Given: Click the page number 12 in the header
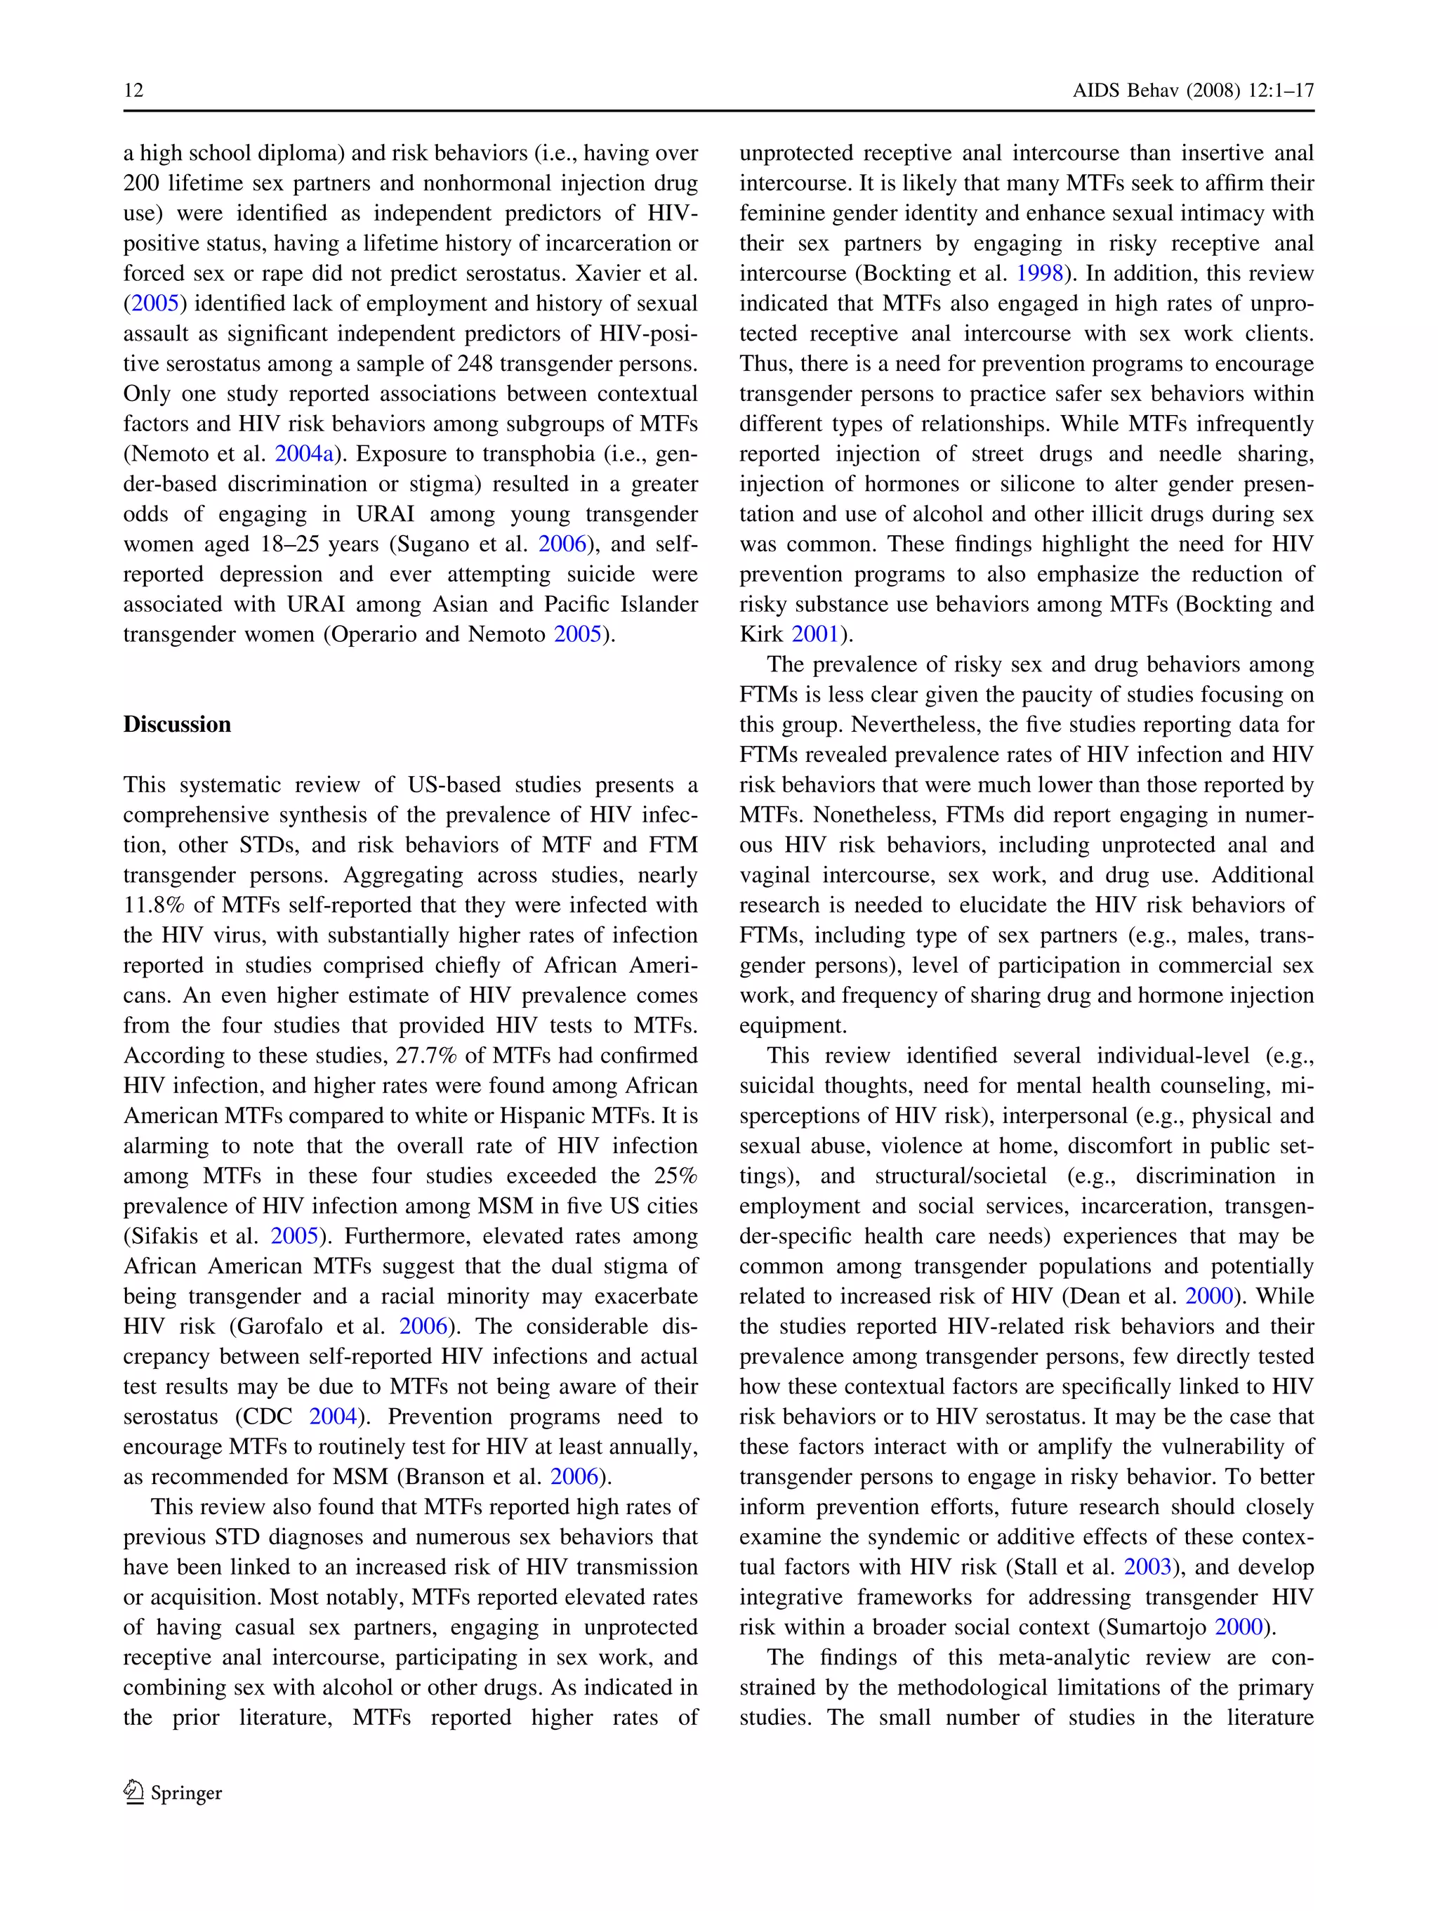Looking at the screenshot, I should [134, 91].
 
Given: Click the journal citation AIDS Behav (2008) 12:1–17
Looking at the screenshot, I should [1193, 91].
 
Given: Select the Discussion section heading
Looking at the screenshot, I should [177, 724].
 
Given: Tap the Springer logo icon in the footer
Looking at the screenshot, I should [134, 1792].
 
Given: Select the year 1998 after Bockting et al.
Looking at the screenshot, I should [1040, 273].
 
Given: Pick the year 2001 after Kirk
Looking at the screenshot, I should [815, 634].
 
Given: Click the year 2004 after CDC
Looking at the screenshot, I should [334, 1416].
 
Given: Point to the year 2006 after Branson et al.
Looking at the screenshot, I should [574, 1476].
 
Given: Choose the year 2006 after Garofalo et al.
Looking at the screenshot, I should [423, 1326].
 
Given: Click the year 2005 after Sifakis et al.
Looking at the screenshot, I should [294, 1235].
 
